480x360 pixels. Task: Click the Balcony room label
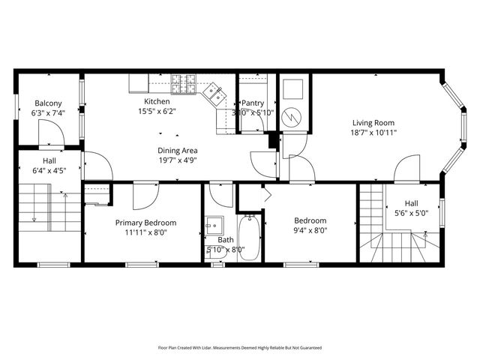pyautogui.click(x=48, y=103)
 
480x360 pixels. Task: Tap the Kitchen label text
pyautogui.click(x=157, y=101)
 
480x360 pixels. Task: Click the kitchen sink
pyautogui.click(x=214, y=92)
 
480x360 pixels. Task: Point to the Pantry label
pyautogui.click(x=253, y=103)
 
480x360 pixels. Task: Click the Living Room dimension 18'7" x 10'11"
pyautogui.click(x=373, y=133)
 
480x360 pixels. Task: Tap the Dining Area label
pyautogui.click(x=178, y=150)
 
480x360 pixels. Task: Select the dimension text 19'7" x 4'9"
pyautogui.click(x=178, y=160)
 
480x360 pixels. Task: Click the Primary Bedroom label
pyautogui.click(x=145, y=223)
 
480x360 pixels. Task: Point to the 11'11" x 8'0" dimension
pyautogui.click(x=145, y=232)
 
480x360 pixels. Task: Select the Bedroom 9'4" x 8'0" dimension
pyautogui.click(x=310, y=230)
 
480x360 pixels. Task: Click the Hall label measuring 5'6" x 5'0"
pyautogui.click(x=412, y=203)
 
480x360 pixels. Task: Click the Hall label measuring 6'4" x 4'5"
pyautogui.click(x=49, y=160)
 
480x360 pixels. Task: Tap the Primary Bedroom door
pyautogui.click(x=143, y=196)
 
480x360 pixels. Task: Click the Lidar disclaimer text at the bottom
pyautogui.click(x=239, y=348)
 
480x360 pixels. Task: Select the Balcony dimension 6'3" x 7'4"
pyautogui.click(x=48, y=112)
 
